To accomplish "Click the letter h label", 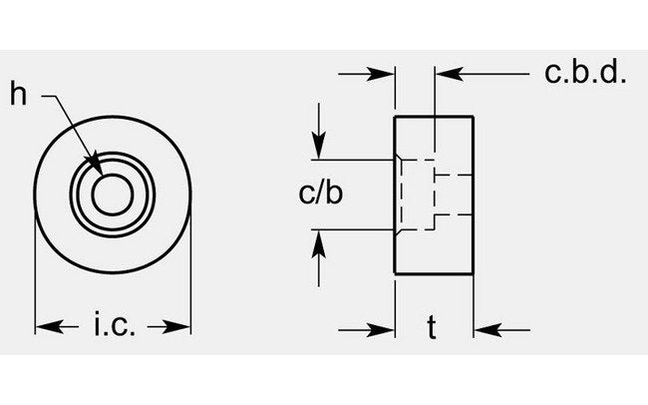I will tap(18, 95).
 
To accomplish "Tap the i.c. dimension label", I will tap(114, 325).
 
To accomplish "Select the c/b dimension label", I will tap(321, 194).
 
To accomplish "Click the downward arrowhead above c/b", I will tap(318, 148).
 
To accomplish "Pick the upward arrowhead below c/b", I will tap(318, 240).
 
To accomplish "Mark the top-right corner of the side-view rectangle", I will tap(473, 117).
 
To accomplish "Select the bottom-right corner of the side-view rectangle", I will tap(473, 274).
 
